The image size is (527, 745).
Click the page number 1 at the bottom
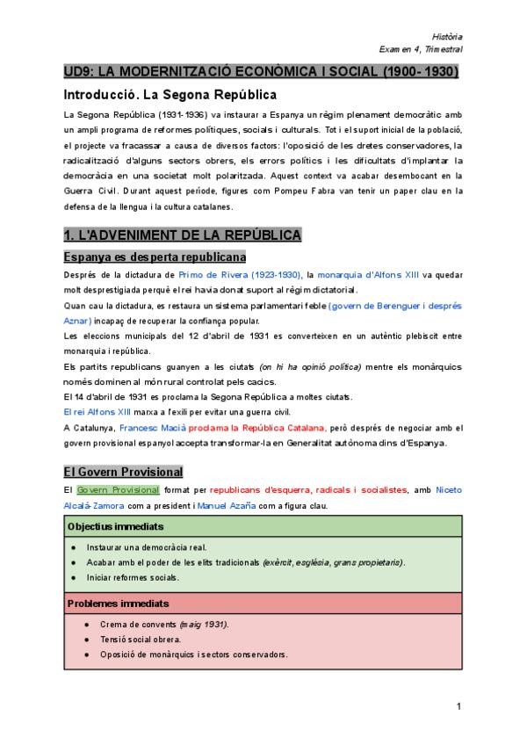458,705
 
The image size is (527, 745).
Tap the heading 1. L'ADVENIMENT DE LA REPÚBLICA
183,235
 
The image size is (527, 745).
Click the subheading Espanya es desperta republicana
155,257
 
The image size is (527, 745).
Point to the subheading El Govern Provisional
123,471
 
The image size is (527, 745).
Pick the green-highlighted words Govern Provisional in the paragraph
118,489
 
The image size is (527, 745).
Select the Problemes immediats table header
118,604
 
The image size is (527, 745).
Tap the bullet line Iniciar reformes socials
132,577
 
